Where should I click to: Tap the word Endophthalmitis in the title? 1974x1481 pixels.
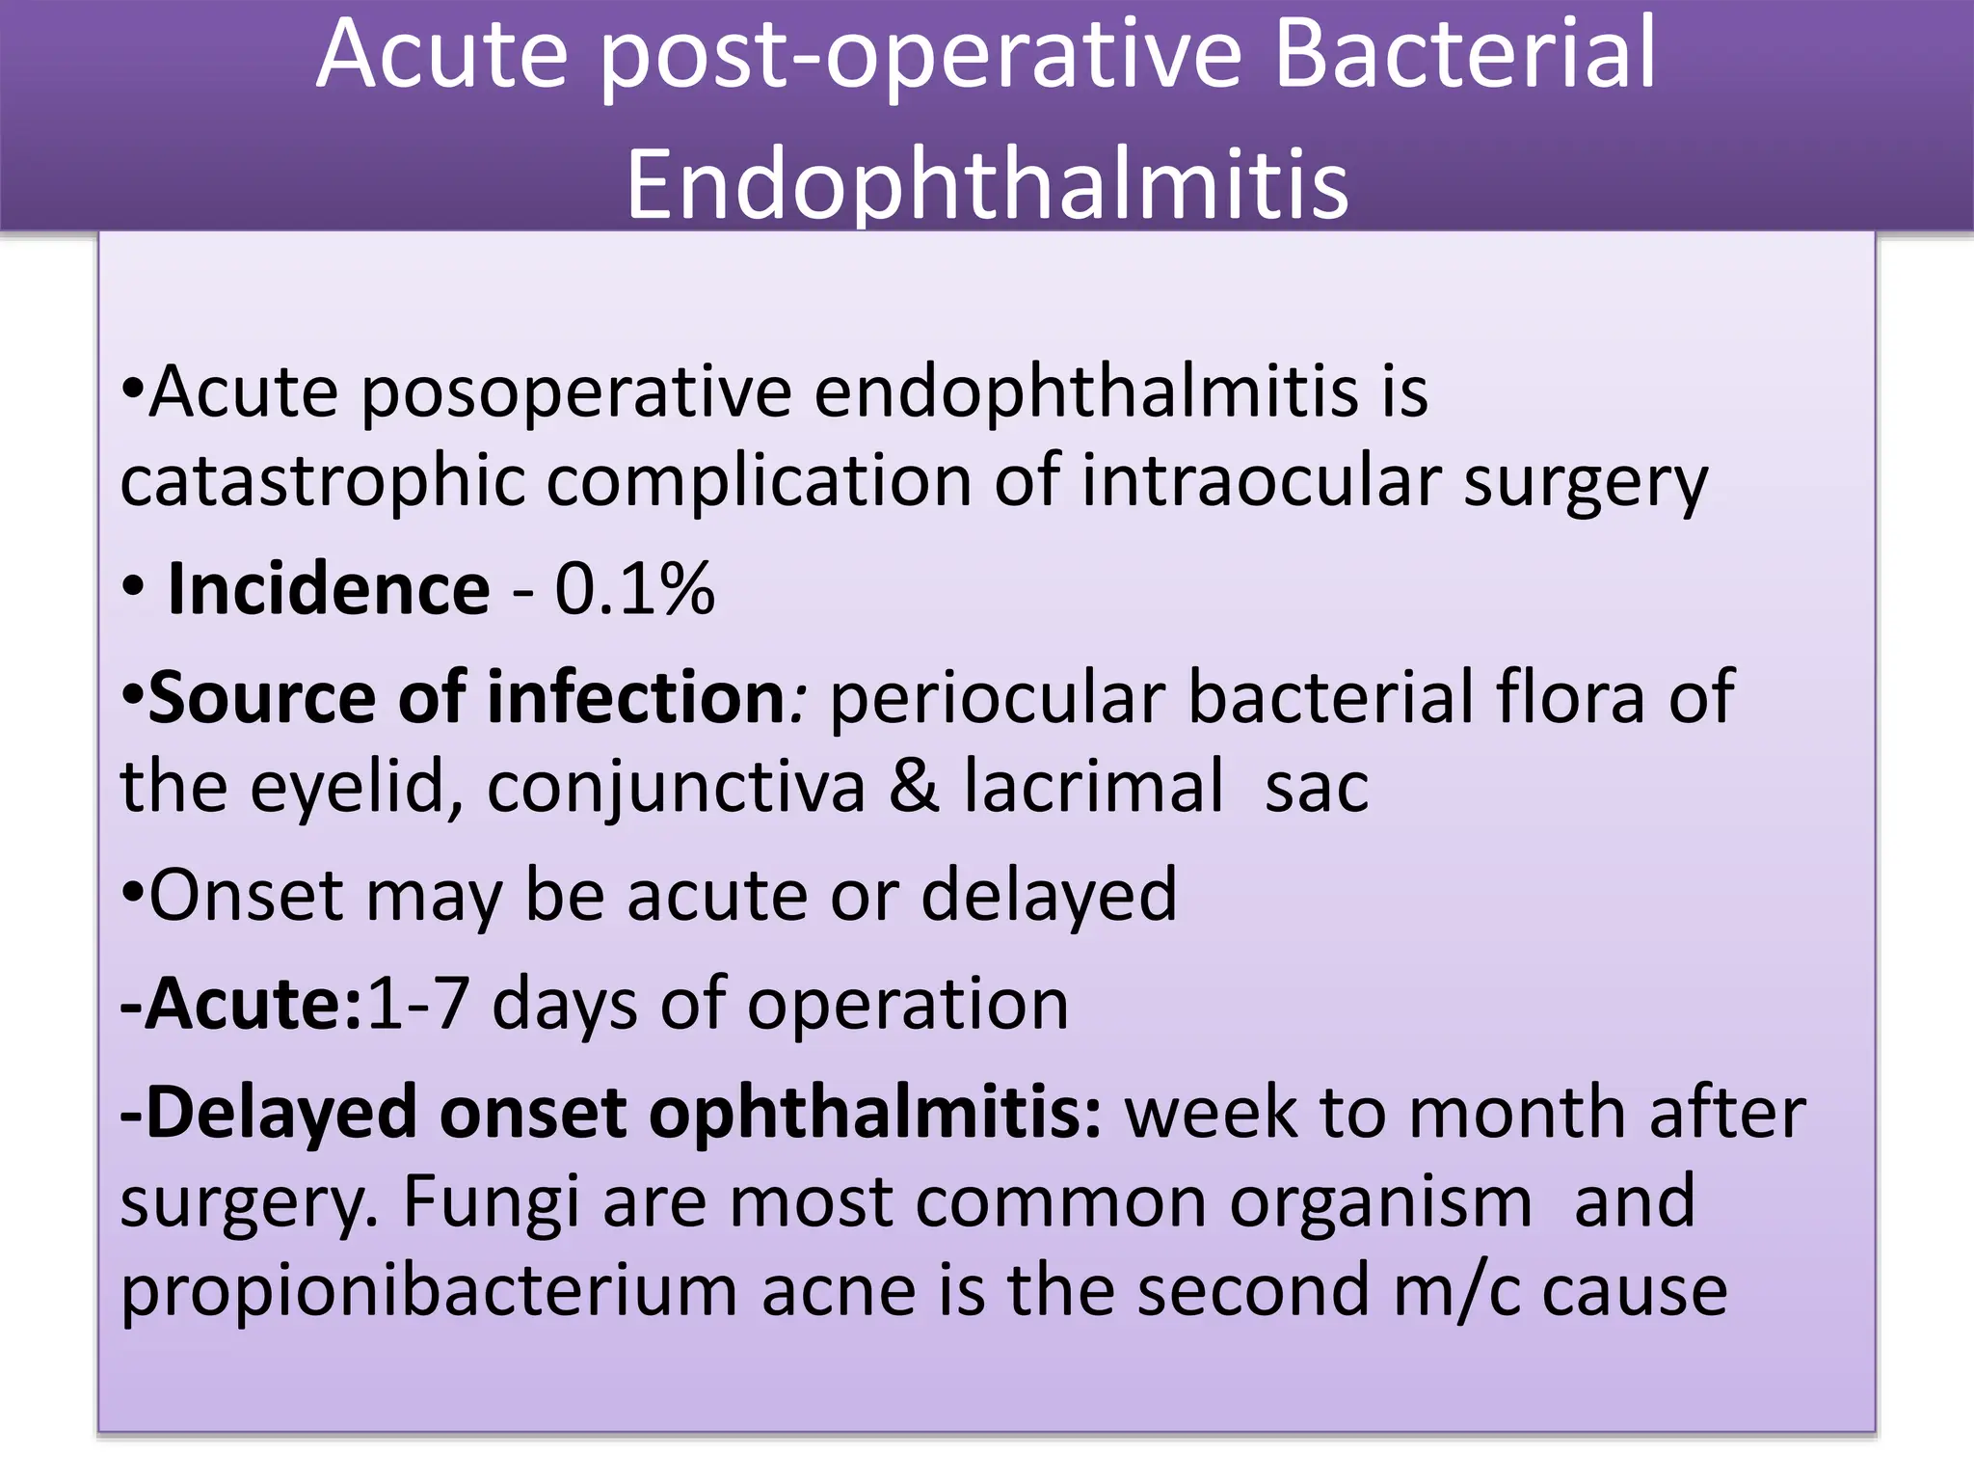pyautogui.click(x=987, y=183)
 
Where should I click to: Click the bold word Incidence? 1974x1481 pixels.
pyautogui.click(x=328, y=589)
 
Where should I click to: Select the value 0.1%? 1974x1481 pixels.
pyautogui.click(x=634, y=589)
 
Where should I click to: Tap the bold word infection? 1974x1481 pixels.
pyautogui.click(x=636, y=697)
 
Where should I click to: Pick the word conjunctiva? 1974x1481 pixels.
pyautogui.click(x=676, y=787)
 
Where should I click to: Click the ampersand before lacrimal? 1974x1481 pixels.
pyautogui.click(x=913, y=787)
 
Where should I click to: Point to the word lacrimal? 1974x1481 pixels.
pyautogui.click(x=1093, y=787)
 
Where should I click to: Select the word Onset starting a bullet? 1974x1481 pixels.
pyautogui.click(x=246, y=896)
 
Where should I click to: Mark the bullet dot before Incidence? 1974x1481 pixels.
pyautogui.click(x=133, y=587)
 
